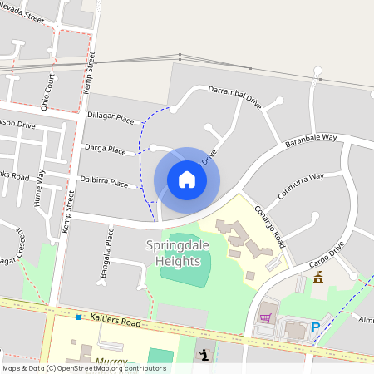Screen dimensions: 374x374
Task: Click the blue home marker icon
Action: tap(187, 180)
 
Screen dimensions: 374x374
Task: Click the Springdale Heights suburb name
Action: tap(174, 253)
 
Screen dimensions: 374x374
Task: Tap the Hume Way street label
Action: tap(38, 199)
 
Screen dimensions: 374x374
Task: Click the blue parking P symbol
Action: tap(315, 328)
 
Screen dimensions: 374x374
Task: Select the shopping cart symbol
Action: tap(265, 317)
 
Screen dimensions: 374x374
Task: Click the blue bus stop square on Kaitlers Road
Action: tap(79, 317)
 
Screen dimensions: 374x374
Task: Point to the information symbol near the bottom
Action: tap(204, 356)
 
